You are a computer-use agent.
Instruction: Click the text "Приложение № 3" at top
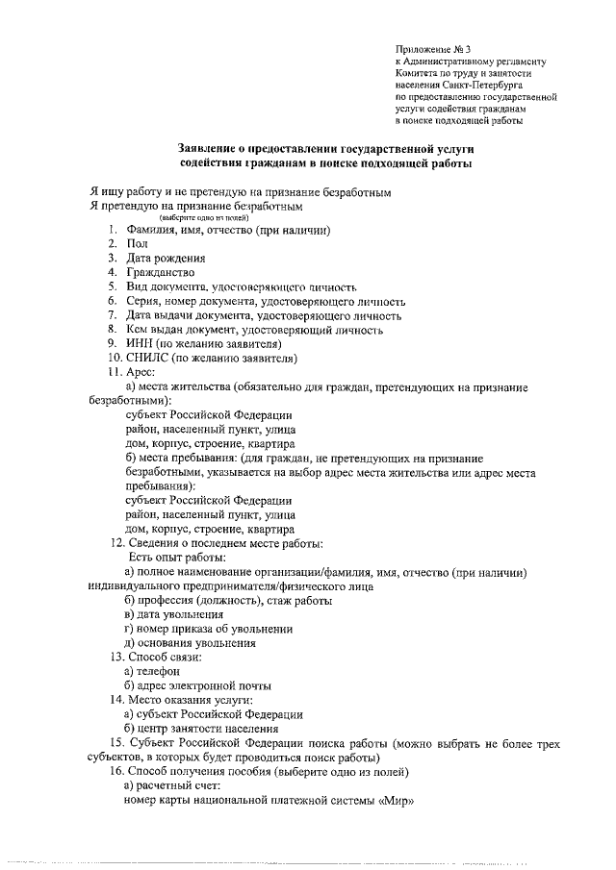pyautogui.click(x=434, y=48)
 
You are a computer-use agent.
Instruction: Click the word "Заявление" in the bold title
pyautogui.click(x=212, y=149)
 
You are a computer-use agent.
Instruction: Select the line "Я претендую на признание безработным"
pyautogui.click(x=195, y=206)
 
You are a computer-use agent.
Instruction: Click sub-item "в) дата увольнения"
pyautogui.click(x=174, y=614)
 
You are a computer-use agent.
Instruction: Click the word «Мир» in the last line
pyautogui.click(x=397, y=800)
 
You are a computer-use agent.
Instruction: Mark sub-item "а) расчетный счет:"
pyautogui.click(x=173, y=785)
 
